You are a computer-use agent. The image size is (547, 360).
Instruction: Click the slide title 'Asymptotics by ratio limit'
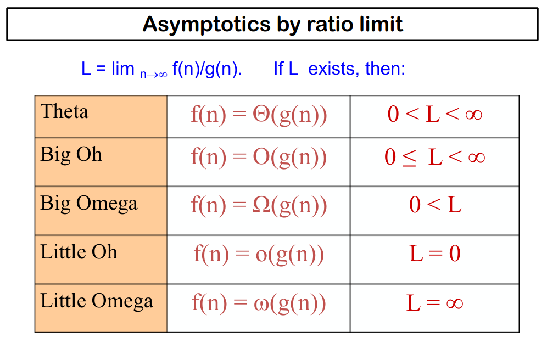[272, 24]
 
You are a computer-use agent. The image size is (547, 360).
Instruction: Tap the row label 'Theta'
[64, 112]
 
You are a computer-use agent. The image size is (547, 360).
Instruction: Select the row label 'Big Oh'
[71, 154]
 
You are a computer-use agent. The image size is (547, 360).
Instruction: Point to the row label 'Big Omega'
[88, 204]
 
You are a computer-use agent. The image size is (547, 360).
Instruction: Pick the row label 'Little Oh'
[79, 252]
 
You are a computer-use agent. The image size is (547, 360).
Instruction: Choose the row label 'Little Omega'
[96, 301]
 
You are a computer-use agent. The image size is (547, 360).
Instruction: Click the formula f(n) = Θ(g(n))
[259, 115]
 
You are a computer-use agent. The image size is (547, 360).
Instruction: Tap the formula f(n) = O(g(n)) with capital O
[259, 157]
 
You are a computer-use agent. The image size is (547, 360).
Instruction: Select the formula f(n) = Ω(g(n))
[259, 206]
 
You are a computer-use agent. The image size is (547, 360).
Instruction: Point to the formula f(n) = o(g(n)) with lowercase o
[259, 255]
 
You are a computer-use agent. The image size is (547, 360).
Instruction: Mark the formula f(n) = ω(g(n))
[259, 303]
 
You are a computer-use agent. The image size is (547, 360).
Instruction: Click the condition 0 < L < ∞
[434, 115]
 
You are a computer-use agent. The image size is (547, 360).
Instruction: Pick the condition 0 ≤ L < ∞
[434, 157]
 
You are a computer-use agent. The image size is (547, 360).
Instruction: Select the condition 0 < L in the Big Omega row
[435, 206]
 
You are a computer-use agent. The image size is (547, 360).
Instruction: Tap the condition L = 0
[435, 254]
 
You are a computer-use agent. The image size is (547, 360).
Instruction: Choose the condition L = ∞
[435, 303]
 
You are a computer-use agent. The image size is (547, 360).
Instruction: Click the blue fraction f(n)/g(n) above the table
[207, 70]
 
